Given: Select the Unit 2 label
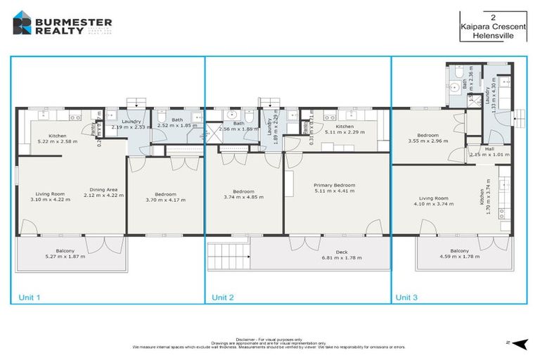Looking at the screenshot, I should [224, 297].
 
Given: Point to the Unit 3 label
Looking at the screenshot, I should [406, 297].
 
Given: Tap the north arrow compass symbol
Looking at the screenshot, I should [518, 343].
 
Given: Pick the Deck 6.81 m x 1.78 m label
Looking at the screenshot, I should [339, 255].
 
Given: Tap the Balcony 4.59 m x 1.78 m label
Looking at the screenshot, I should [459, 253].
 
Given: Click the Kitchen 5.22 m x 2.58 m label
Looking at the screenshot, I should [57, 138].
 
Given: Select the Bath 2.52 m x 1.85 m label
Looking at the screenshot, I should [174, 123].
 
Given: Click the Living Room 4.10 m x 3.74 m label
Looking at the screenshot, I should [432, 201].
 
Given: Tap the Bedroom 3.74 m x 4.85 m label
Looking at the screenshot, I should [243, 194].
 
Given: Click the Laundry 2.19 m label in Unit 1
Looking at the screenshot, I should [131, 124].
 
